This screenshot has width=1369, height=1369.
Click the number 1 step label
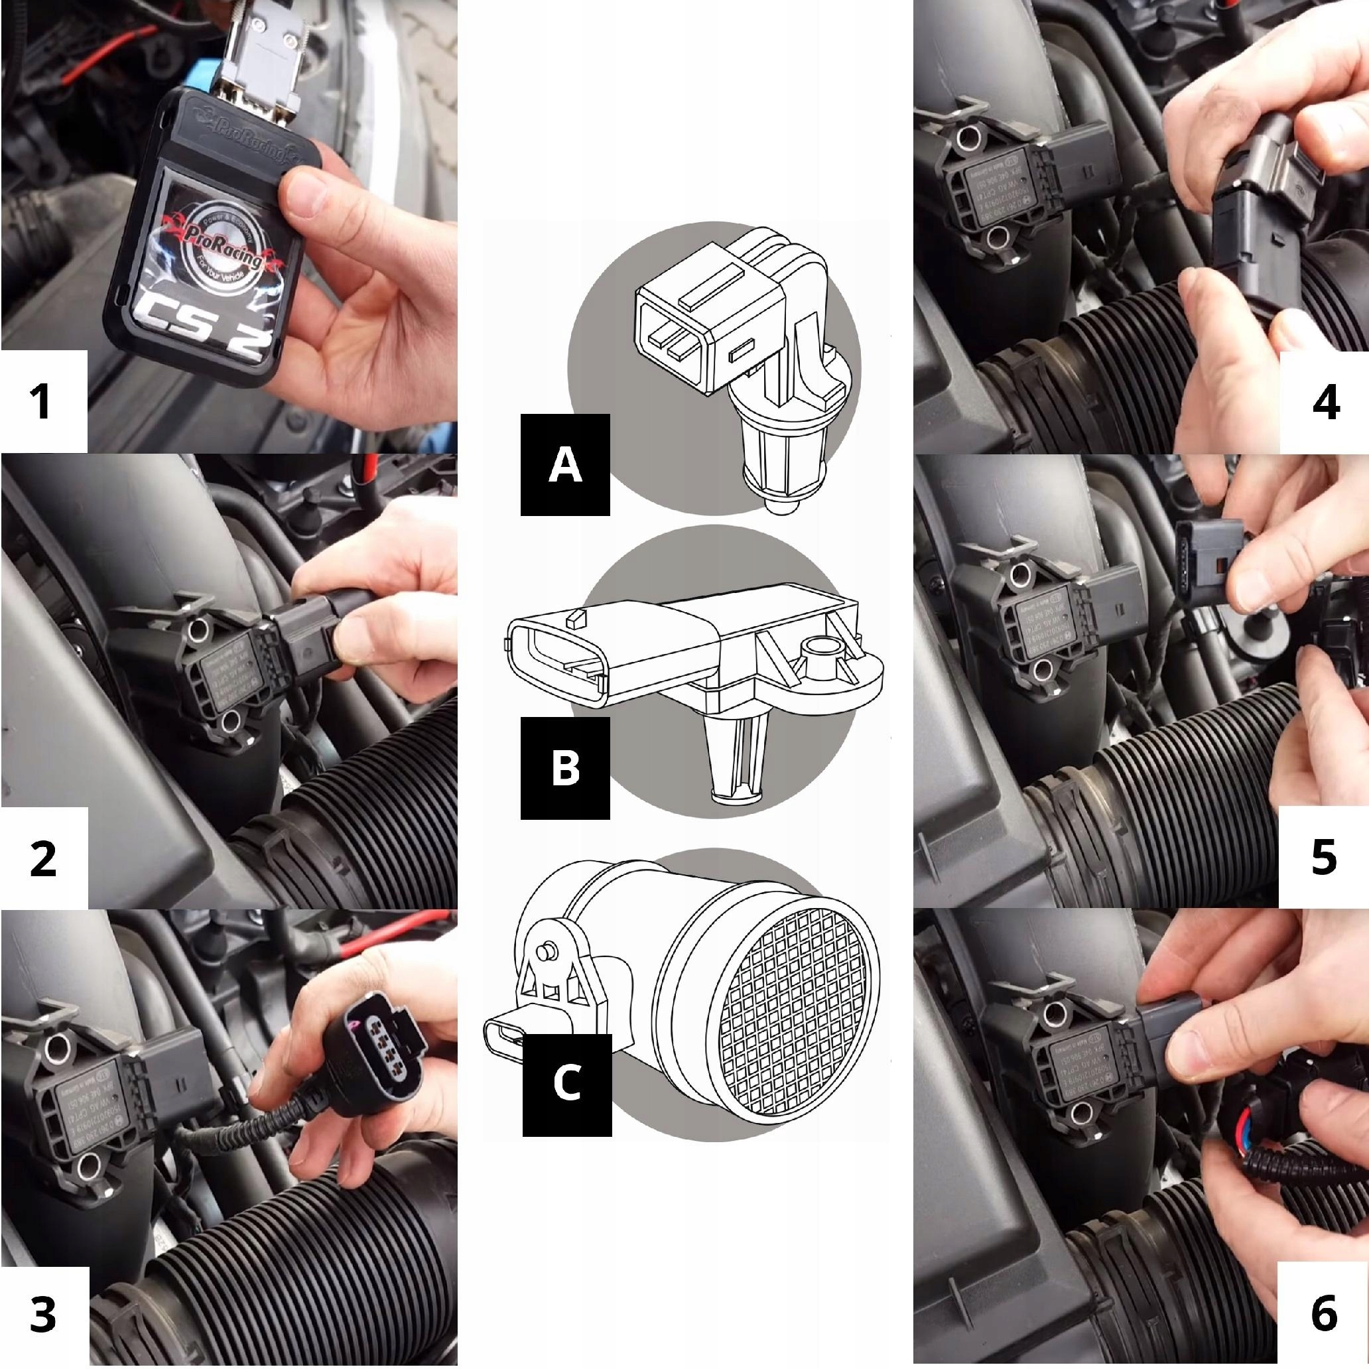pos(42,401)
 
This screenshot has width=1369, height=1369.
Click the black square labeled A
pos(564,464)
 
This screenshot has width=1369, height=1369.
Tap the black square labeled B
pos(564,768)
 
